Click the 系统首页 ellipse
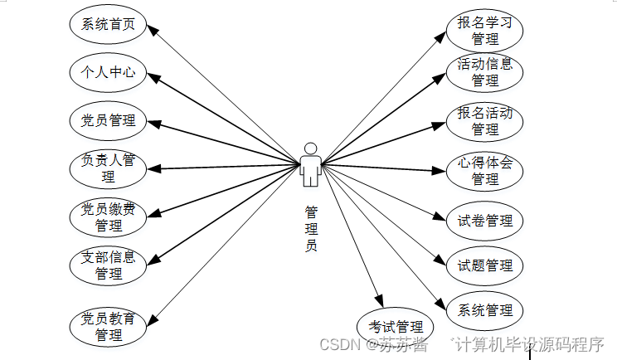109,25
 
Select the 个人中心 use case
109,72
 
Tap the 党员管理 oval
109,120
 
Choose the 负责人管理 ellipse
109,168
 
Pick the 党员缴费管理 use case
109,216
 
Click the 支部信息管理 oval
109,265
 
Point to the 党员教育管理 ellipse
109,326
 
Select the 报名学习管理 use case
484,30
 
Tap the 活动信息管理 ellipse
484,72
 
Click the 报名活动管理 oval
484,121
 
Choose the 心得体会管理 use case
484,170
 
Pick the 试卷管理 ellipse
484,221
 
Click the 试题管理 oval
484,265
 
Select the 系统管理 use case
484,310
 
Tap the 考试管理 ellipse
396,326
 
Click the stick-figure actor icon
311,163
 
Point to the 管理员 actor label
311,228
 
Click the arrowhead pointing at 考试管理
379,301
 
